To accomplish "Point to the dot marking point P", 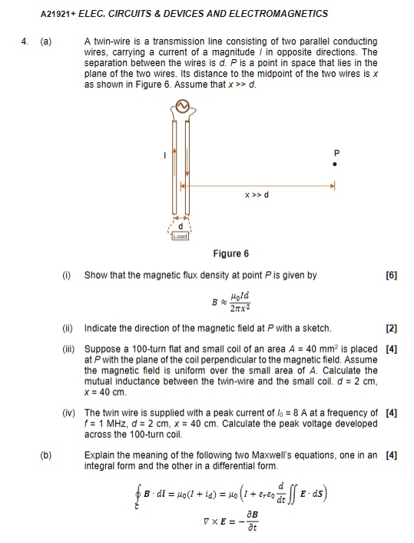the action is tap(334, 164).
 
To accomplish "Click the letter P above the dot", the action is tap(334, 151).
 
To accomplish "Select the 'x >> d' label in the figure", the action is tap(256, 195).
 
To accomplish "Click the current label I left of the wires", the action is tap(162, 156).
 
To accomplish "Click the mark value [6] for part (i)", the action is tap(391, 274).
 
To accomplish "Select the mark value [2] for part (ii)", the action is tap(391, 328).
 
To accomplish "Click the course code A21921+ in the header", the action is tap(56, 13).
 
